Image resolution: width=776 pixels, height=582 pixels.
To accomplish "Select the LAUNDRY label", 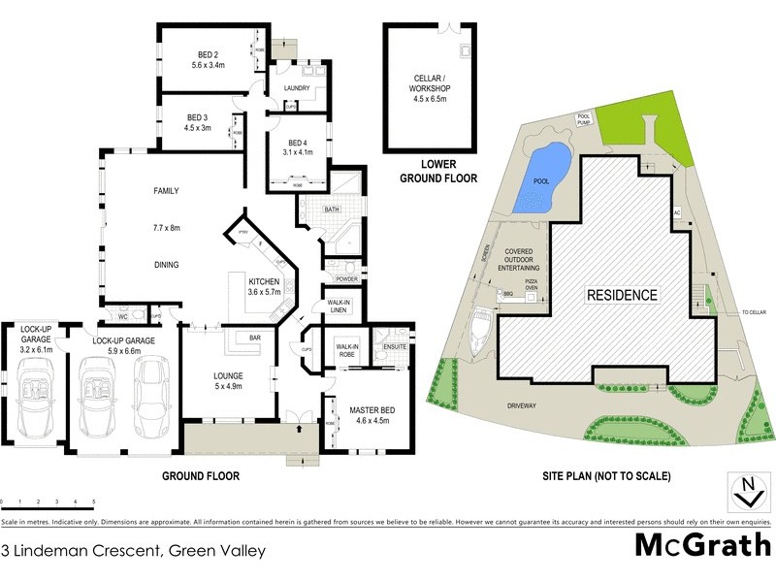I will (296, 88).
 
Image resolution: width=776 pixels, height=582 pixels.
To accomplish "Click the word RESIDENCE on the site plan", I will (621, 295).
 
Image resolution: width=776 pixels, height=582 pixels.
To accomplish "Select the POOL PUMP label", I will (584, 118).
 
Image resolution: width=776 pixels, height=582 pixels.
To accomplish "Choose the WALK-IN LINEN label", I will (339, 307).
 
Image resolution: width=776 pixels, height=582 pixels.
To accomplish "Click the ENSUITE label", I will (395, 345).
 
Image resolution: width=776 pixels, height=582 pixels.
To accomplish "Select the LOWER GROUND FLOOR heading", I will (431, 172).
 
